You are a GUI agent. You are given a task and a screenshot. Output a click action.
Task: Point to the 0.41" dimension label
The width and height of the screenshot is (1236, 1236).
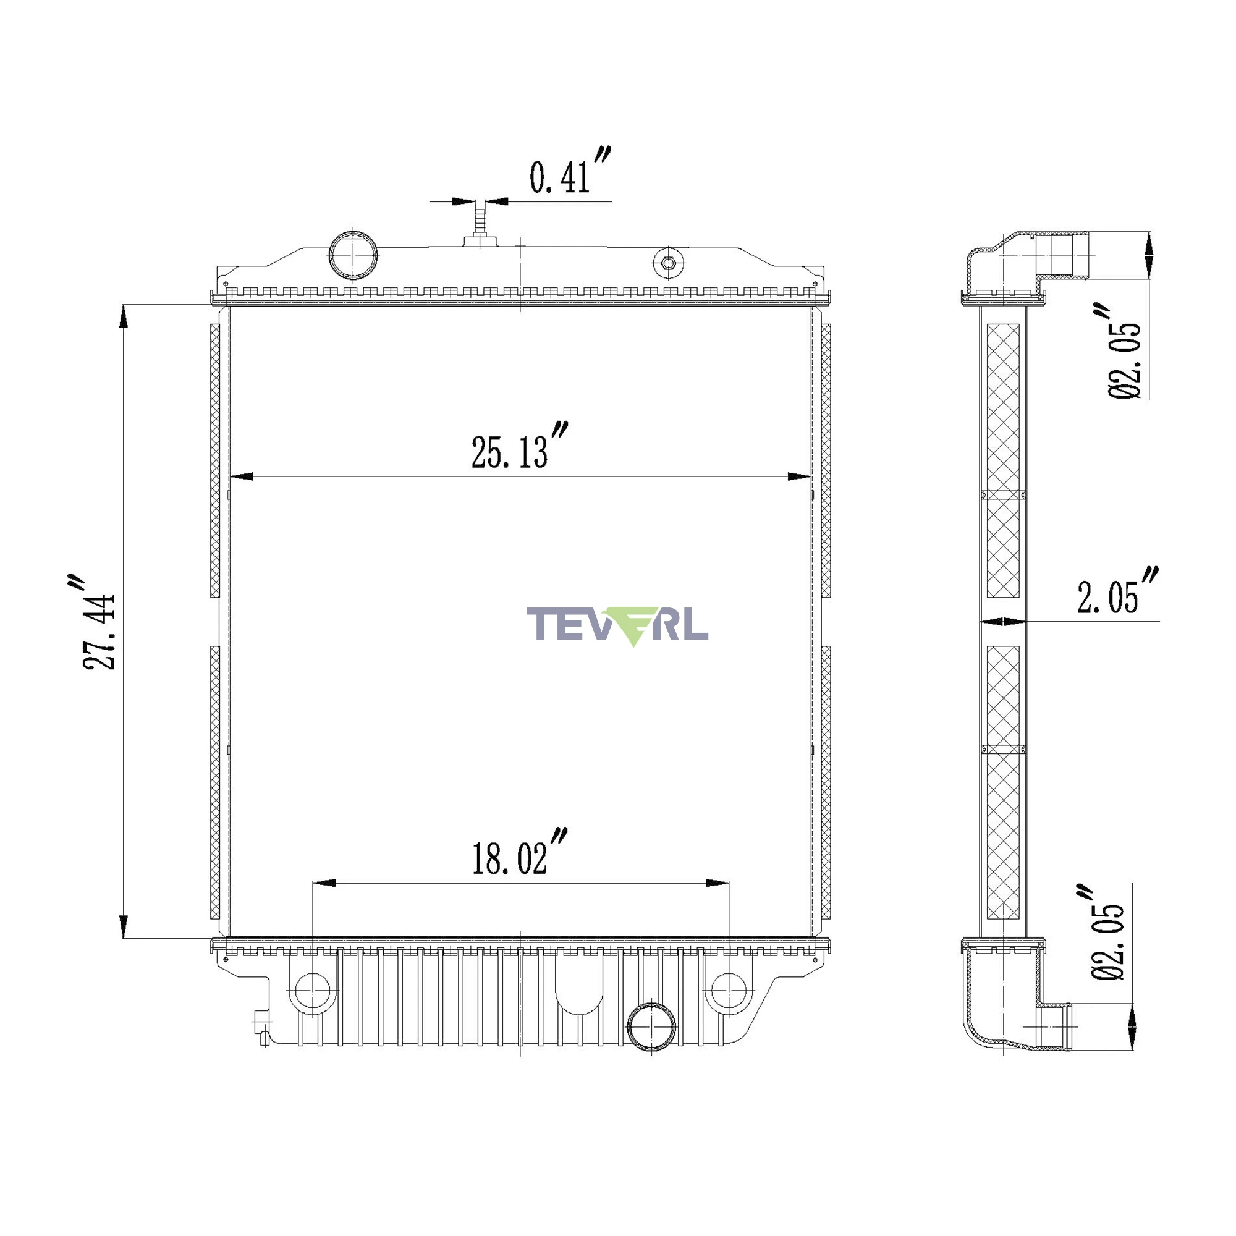coord(570,170)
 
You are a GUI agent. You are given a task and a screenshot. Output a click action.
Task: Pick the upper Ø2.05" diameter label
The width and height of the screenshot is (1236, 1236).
coord(1124,351)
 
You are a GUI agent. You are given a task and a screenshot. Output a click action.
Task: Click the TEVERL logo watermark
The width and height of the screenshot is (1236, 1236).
coord(617,625)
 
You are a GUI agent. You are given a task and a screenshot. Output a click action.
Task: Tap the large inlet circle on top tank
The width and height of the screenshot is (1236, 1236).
coord(353,255)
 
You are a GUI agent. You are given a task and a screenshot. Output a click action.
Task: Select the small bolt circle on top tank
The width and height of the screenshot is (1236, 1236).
coord(669,263)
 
